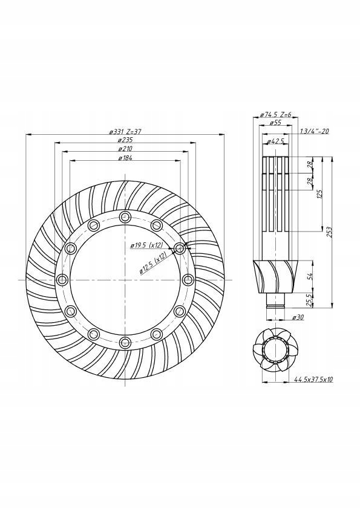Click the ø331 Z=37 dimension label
coord(125,131)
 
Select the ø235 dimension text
coord(125,140)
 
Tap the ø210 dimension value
coord(125,149)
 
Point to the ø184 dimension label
coord(125,158)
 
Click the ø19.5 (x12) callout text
coord(146,245)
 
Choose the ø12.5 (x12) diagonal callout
coord(153,263)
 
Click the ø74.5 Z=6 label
coord(276,114)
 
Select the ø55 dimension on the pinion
coord(275,123)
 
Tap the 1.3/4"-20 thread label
coord(314,131)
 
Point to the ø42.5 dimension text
coord(275,141)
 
